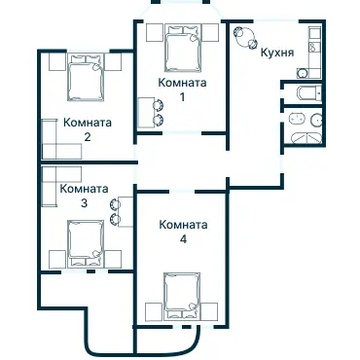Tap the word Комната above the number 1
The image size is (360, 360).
pyautogui.click(x=183, y=85)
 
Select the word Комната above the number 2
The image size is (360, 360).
pyautogui.click(x=87, y=124)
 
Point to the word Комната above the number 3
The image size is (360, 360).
pyautogui.click(x=83, y=190)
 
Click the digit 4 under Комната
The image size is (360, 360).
pyautogui.click(x=183, y=238)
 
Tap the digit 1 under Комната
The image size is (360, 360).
pyautogui.click(x=183, y=98)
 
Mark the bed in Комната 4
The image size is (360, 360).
pyautogui.click(x=182, y=294)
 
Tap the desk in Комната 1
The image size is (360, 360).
pyautogui.click(x=146, y=113)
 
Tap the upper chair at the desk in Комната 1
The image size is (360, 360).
pyautogui.click(x=160, y=106)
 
